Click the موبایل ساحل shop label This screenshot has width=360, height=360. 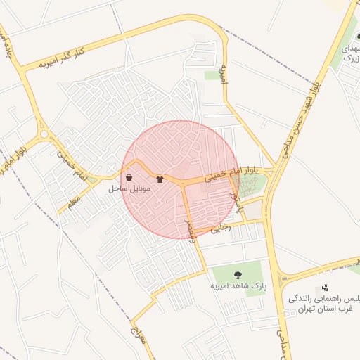127,189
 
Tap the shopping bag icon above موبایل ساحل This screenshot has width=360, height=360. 128,177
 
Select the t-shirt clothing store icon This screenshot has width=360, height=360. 160,179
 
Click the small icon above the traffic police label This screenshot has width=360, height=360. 324,288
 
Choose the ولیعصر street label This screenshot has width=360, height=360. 190,229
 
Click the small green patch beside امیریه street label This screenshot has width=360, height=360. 212,75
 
